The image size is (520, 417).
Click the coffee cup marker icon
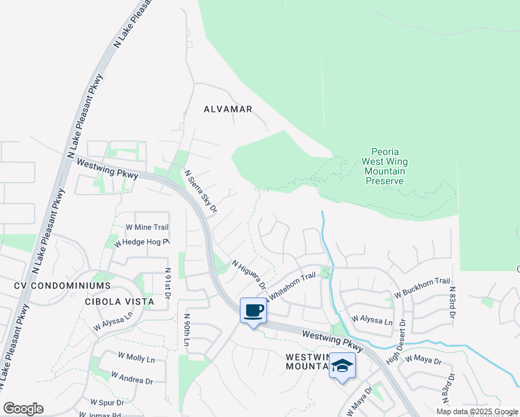[x=254, y=310]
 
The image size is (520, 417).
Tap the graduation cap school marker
[x=342, y=365]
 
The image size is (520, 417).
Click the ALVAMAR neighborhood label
[x=228, y=109]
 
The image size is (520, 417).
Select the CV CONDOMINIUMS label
[x=63, y=286]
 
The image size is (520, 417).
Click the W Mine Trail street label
[x=147, y=227]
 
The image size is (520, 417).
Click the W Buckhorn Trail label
[x=422, y=288]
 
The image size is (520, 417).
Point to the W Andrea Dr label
[x=132, y=380]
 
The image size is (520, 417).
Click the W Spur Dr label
[x=107, y=402]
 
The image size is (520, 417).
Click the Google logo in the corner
[x=23, y=409]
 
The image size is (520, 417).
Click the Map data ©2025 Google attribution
[x=476, y=411]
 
